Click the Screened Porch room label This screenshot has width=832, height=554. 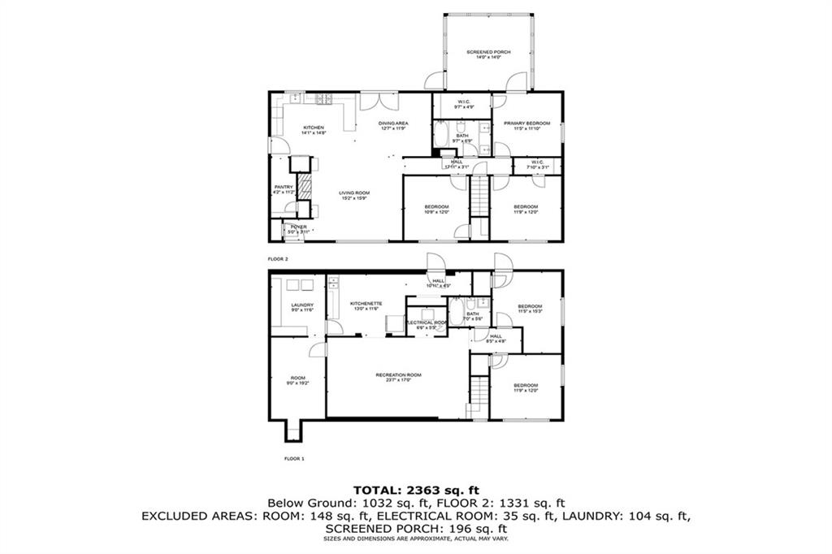pyautogui.click(x=488, y=54)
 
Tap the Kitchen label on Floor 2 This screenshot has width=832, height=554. pyautogui.click(x=314, y=129)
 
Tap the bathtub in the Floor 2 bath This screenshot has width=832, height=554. pyautogui.click(x=441, y=136)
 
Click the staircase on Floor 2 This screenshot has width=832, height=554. pyautogui.click(x=479, y=198)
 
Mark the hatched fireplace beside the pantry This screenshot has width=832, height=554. pyautogui.click(x=302, y=186)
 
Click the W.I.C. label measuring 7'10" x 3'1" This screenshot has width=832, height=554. pyautogui.click(x=537, y=166)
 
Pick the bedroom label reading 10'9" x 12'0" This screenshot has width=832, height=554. pyautogui.click(x=436, y=209)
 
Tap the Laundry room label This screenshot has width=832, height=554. pyautogui.click(x=302, y=307)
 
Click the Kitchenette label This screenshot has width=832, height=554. pyautogui.click(x=366, y=305)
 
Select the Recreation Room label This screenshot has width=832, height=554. pyautogui.click(x=398, y=377)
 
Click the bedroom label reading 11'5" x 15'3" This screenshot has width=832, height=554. pyautogui.click(x=529, y=308)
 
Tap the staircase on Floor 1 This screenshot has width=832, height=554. pyautogui.click(x=479, y=396)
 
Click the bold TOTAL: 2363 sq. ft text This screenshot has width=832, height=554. pyautogui.click(x=415, y=490)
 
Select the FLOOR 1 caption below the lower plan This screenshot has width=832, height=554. pyautogui.click(x=293, y=459)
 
